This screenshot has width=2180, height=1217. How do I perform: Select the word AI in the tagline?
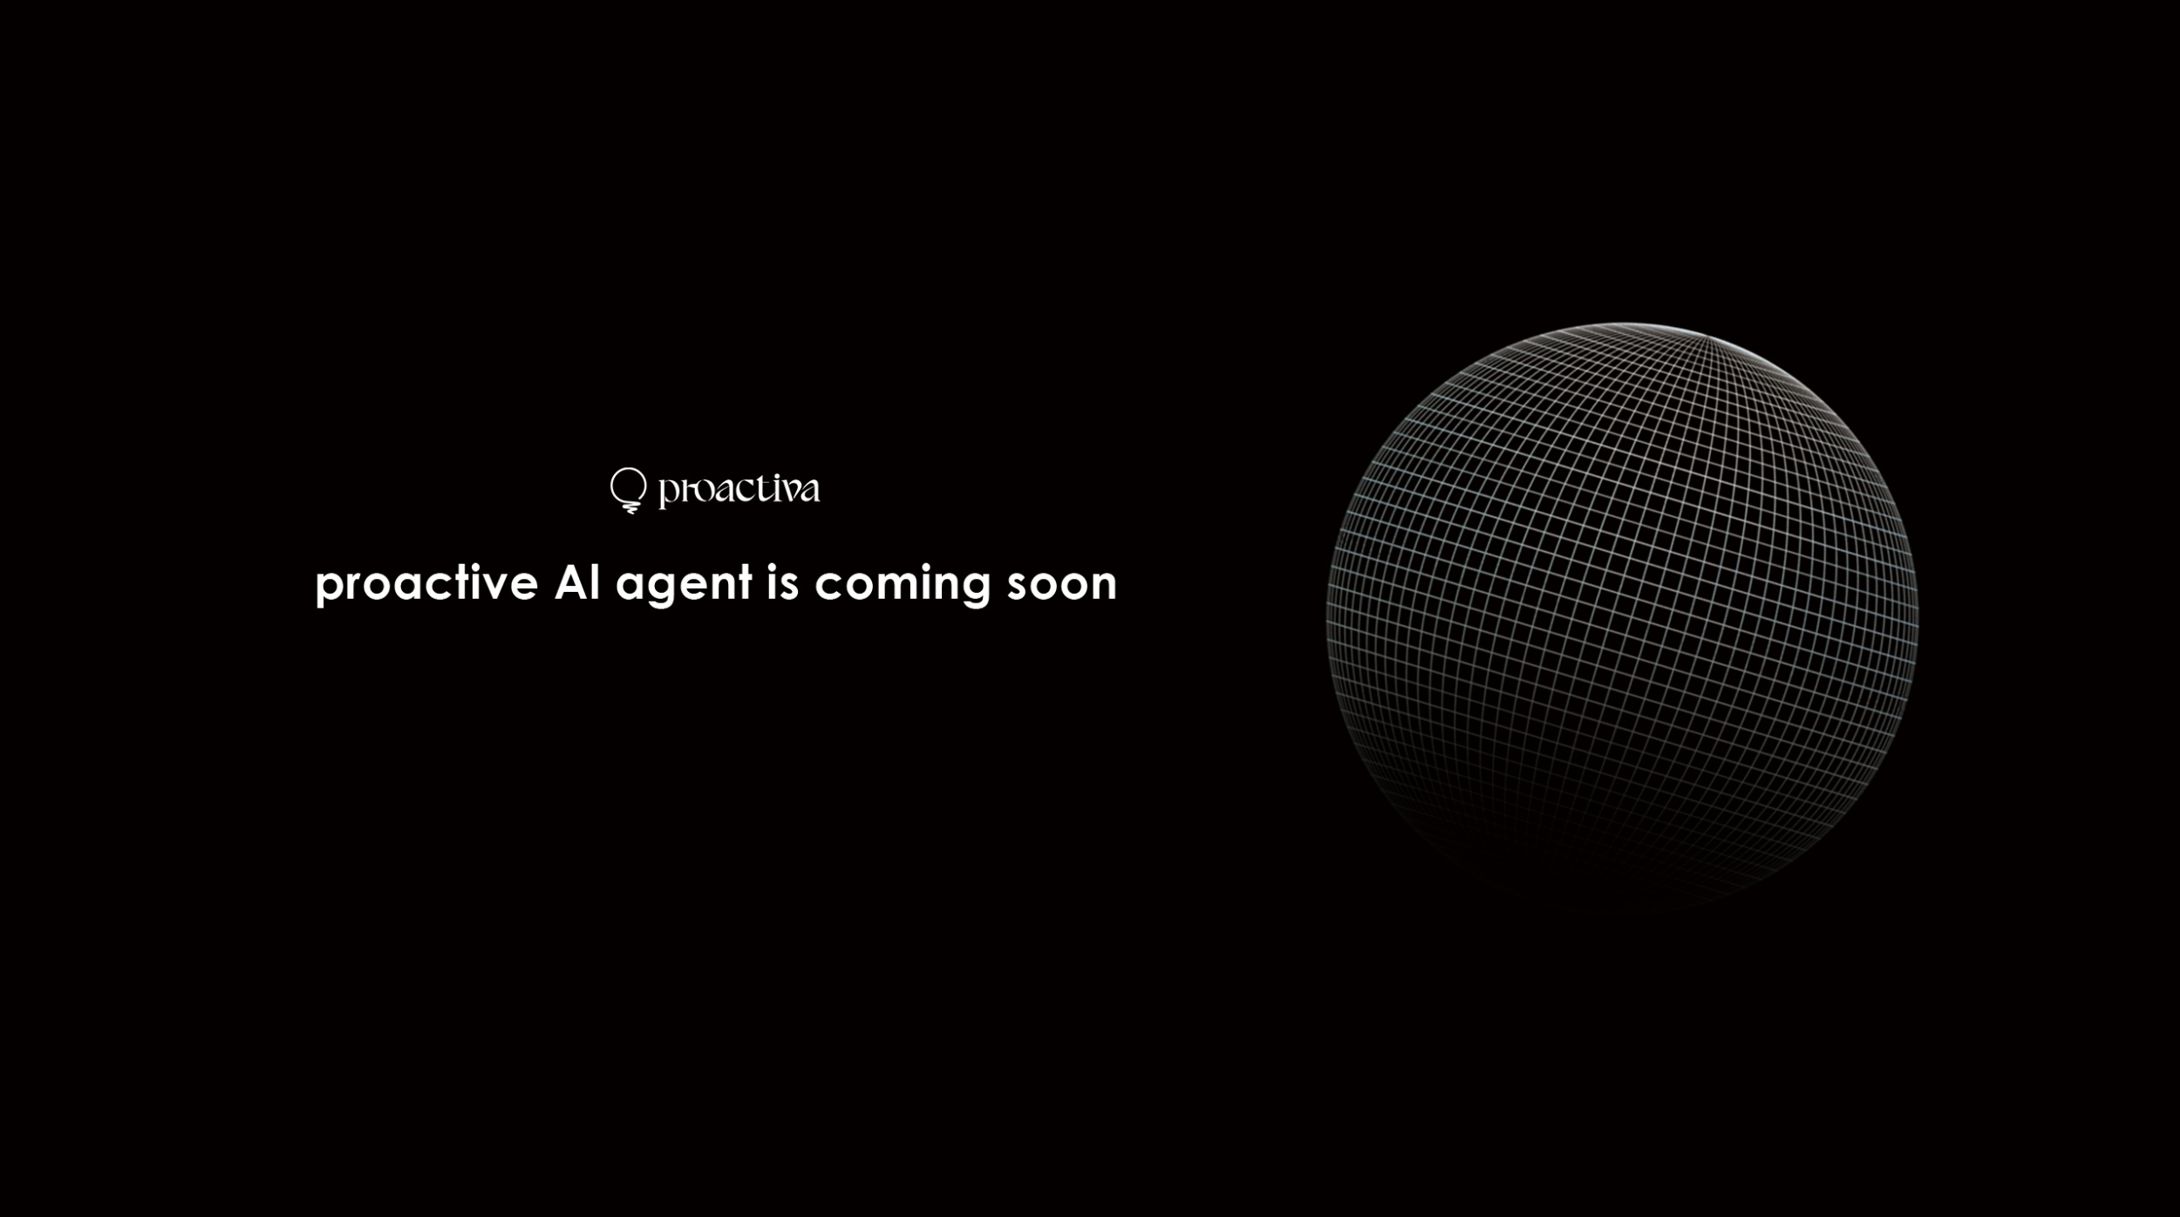pos(577,581)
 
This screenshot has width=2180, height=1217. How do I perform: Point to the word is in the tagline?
pos(783,581)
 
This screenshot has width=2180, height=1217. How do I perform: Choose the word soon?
pos(1062,584)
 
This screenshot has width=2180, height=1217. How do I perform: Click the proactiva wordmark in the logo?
pos(739,490)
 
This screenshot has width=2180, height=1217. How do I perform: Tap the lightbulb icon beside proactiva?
pos(629,490)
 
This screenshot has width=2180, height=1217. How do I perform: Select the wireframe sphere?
pos(1622,615)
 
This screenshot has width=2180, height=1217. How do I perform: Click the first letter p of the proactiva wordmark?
pos(667,493)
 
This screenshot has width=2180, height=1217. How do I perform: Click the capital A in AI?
pos(572,582)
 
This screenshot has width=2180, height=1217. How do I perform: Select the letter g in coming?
pos(974,588)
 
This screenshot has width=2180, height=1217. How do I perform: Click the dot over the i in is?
pos(773,567)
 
